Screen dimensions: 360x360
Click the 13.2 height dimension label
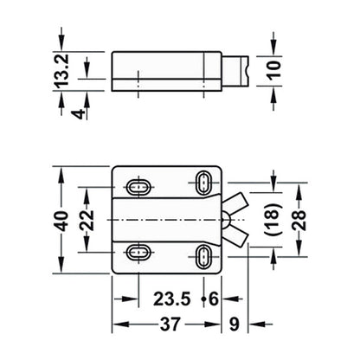pos(61,71)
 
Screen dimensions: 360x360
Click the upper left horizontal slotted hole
pos(138,186)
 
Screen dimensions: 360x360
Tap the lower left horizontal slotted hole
pos(138,253)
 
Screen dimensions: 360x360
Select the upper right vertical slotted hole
pos(204,182)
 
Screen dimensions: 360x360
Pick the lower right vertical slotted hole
pos(204,257)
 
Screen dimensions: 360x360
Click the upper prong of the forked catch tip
pos(239,204)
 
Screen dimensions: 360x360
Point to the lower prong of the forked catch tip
pos(239,235)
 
